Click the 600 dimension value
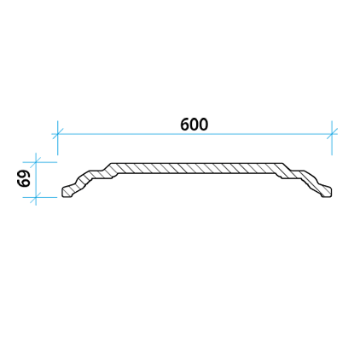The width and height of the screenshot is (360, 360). point(195,125)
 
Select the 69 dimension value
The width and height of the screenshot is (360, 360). point(24,178)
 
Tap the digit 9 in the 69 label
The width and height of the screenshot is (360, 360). point(24,174)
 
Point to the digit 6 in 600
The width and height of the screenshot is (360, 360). point(185,125)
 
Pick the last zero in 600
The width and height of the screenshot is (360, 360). point(204,125)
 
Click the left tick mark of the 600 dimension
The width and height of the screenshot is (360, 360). point(58,134)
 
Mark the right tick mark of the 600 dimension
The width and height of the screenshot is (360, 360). point(332,134)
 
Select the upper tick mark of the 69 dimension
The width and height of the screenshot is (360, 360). point(36,162)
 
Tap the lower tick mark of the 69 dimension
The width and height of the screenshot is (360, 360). point(36,197)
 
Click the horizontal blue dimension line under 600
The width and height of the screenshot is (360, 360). point(195,134)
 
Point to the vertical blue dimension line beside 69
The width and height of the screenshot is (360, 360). point(36,179)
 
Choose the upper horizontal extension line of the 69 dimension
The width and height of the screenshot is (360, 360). point(40,162)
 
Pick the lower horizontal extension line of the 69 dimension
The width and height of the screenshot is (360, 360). point(40,197)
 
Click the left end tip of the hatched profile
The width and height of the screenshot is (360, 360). point(62,193)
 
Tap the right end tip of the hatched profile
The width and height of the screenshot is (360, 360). point(332,192)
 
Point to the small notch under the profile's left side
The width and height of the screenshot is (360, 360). point(114,177)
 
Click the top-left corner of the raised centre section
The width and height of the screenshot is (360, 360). point(111,164)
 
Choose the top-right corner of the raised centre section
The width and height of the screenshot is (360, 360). point(282,164)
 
